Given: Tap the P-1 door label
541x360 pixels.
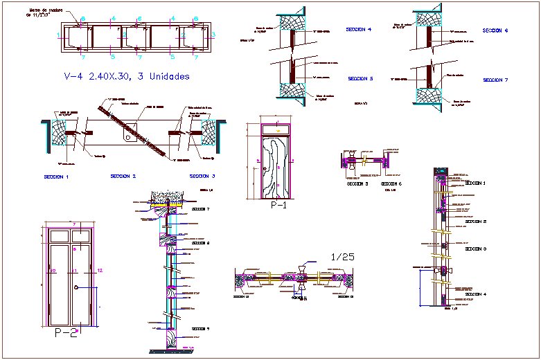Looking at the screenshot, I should [x=278, y=206].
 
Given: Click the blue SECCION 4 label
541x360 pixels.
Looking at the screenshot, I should [x=359, y=30].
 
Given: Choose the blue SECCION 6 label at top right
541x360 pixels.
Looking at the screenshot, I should [x=495, y=31].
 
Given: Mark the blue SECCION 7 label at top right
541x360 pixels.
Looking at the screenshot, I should [x=495, y=80].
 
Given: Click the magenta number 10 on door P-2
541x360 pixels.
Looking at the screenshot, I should [x=52, y=271].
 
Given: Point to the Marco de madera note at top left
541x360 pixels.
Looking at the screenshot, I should [x=45, y=13].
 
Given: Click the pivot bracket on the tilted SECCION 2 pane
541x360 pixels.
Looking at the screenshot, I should [x=129, y=138].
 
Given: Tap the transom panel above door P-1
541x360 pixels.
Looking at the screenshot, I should [x=277, y=129].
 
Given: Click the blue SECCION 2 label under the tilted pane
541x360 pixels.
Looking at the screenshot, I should [x=123, y=177].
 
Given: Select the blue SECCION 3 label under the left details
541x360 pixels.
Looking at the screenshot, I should [x=202, y=177].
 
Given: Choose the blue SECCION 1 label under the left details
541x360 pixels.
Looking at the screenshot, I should [x=56, y=177].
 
